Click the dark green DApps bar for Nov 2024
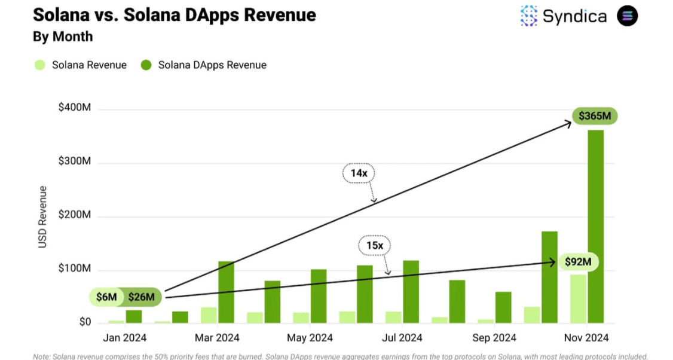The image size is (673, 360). pyautogui.click(x=595, y=227)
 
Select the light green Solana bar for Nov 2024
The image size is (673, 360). pyautogui.click(x=578, y=298)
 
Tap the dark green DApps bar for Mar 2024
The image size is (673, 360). pyautogui.click(x=226, y=292)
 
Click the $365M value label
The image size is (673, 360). pyautogui.click(x=594, y=116)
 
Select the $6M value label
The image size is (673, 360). pyautogui.click(x=106, y=297)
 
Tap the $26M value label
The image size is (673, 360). pyautogui.click(x=142, y=297)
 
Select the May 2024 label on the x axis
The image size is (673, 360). pyautogui.click(x=310, y=338)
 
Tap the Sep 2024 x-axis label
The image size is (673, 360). pyautogui.click(x=494, y=338)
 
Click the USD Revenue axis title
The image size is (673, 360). pyautogui.click(x=42, y=217)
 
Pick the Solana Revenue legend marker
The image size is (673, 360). pyautogui.click(x=39, y=65)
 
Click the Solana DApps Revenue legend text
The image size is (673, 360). pyautogui.click(x=212, y=65)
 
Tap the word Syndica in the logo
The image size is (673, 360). pyautogui.click(x=574, y=16)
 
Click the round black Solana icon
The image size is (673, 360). pyautogui.click(x=628, y=16)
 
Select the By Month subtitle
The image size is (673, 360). pyautogui.click(x=63, y=36)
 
